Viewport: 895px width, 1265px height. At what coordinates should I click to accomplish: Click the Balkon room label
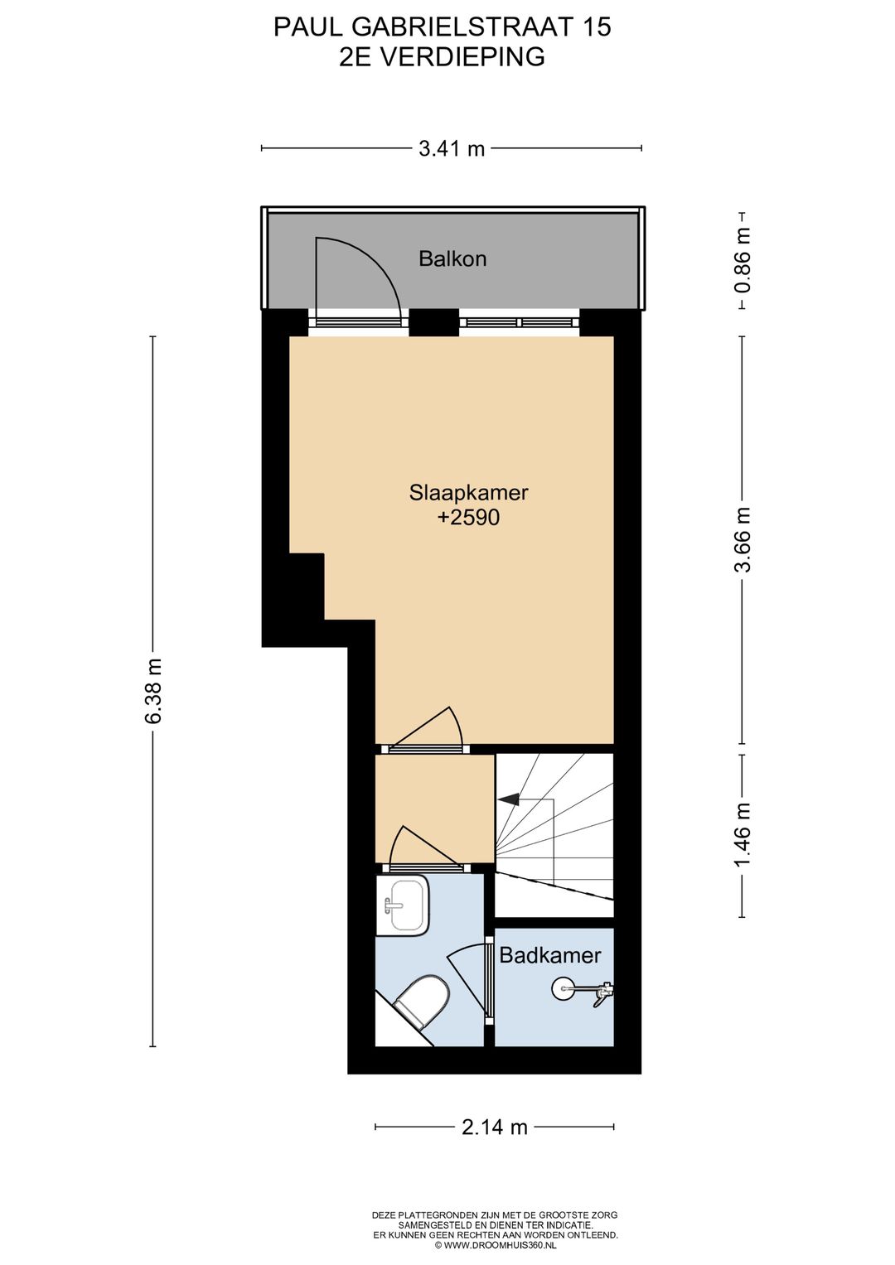[452, 258]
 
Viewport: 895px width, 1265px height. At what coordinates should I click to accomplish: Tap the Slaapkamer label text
[468, 492]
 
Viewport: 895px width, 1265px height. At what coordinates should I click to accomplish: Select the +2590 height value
[468, 517]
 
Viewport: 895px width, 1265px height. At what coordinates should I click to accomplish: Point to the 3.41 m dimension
[452, 148]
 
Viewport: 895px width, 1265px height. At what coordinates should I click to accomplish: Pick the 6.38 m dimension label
[153, 691]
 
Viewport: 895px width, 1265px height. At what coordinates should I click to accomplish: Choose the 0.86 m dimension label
[743, 260]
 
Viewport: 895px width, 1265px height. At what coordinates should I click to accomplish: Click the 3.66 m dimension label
[743, 539]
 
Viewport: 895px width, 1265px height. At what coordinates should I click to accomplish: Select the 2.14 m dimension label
[495, 1127]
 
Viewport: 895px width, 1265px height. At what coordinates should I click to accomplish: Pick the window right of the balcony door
[520, 322]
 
